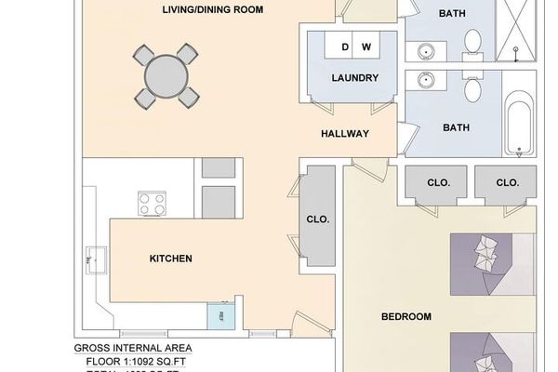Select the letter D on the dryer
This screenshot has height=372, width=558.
pyautogui.click(x=345, y=46)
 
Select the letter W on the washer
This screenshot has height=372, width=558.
pyautogui.click(x=365, y=46)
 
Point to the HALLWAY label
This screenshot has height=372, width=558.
pyautogui.click(x=345, y=134)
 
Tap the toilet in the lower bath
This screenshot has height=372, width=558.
pyautogui.click(x=472, y=89)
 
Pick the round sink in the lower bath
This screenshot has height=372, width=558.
pyautogui.click(x=427, y=81)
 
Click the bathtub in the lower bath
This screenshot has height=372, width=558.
pyautogui.click(x=519, y=126)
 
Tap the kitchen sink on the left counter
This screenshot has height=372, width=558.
pyautogui.click(x=95, y=260)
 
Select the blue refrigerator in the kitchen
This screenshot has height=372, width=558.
pyautogui.click(x=220, y=316)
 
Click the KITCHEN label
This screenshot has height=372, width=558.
pyautogui.click(x=171, y=259)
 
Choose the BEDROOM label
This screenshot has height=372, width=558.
pyautogui.click(x=406, y=317)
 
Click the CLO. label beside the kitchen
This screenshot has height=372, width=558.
pyautogui.click(x=319, y=220)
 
